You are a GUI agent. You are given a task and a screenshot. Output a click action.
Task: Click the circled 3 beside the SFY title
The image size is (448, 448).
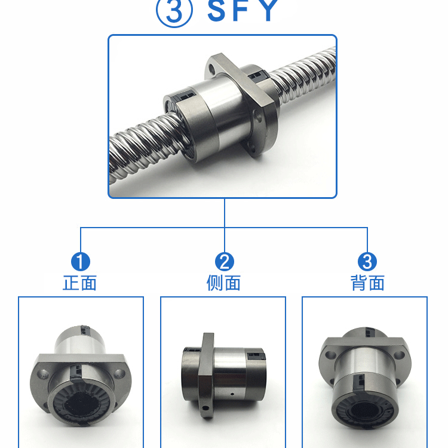(x=174, y=11)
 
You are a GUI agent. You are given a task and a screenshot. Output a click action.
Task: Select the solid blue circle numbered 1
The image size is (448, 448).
(x=81, y=262)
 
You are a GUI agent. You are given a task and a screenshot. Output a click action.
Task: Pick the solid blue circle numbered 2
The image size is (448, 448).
(x=224, y=262)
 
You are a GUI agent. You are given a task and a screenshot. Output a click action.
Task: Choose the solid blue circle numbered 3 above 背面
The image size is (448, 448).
(x=367, y=262)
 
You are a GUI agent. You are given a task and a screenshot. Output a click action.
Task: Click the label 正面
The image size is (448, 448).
(x=79, y=283)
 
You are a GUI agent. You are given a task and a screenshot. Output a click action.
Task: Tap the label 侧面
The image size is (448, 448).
(x=224, y=283)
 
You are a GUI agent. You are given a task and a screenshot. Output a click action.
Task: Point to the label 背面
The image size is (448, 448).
(x=367, y=283)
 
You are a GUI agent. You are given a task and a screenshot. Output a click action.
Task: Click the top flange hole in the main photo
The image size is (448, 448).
(x=211, y=69)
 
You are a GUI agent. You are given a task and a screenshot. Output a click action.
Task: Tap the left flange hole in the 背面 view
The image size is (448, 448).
(x=330, y=355)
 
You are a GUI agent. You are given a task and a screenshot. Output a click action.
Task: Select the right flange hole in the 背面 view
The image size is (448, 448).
(x=399, y=355)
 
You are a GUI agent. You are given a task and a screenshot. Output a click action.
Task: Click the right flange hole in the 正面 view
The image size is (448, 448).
(x=119, y=373)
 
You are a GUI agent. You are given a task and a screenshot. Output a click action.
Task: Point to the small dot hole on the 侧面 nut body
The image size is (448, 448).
(x=232, y=394)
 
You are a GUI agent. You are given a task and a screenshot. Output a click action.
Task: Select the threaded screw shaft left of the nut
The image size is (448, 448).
(x=146, y=146)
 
